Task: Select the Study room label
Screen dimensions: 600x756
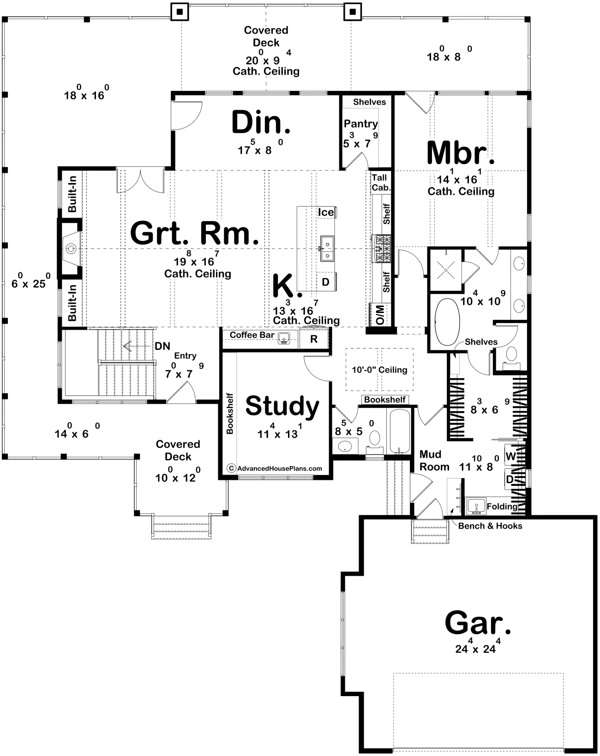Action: pos(282,407)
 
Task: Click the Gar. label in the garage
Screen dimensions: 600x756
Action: pos(478,622)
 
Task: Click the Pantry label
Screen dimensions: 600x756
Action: pos(361,124)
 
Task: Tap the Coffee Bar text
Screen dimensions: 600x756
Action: pos(252,335)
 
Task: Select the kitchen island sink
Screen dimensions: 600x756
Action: pos(327,248)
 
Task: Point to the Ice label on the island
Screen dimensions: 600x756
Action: pos(326,212)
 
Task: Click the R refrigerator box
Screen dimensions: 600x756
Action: pos(314,339)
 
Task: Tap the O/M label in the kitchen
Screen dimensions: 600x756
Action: pos(380,315)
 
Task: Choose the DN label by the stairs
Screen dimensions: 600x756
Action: pos(162,346)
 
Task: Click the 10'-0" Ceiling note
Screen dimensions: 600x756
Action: pos(379,370)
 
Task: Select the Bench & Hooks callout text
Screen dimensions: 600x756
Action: pos(490,526)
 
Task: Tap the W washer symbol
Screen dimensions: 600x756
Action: pos(510,456)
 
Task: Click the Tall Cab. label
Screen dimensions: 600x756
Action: pos(381,183)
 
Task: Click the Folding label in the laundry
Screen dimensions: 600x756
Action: pos(502,506)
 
